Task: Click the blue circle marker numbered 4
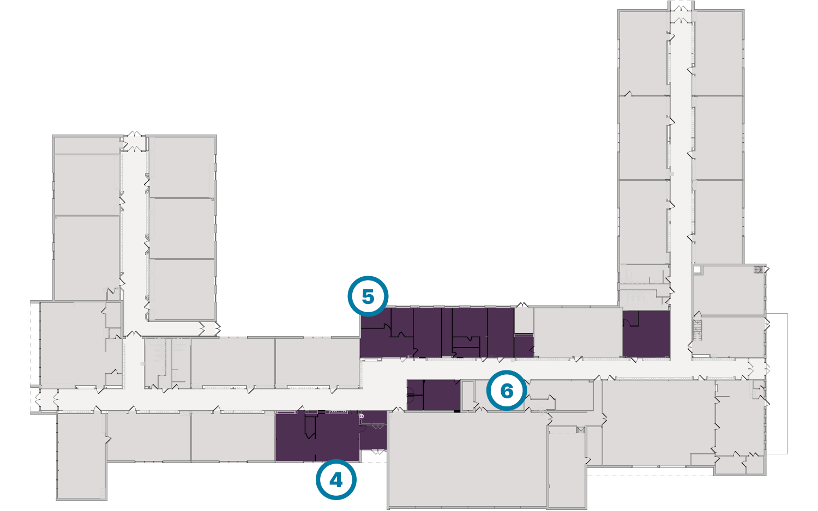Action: pos(336,480)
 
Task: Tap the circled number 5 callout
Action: pos(368,296)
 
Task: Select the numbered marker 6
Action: pos(507,391)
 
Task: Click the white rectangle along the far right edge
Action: pos(777,384)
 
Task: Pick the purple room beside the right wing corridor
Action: pos(646,333)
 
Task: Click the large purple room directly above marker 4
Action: pos(317,436)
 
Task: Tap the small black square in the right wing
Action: pos(697,269)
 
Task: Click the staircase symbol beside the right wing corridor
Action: pos(697,328)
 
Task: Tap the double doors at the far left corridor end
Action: pos(38,400)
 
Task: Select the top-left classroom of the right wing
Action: pos(643,53)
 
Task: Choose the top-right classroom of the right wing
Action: pos(718,53)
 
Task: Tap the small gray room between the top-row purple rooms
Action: pos(524,320)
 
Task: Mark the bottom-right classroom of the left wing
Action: pos(182,289)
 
